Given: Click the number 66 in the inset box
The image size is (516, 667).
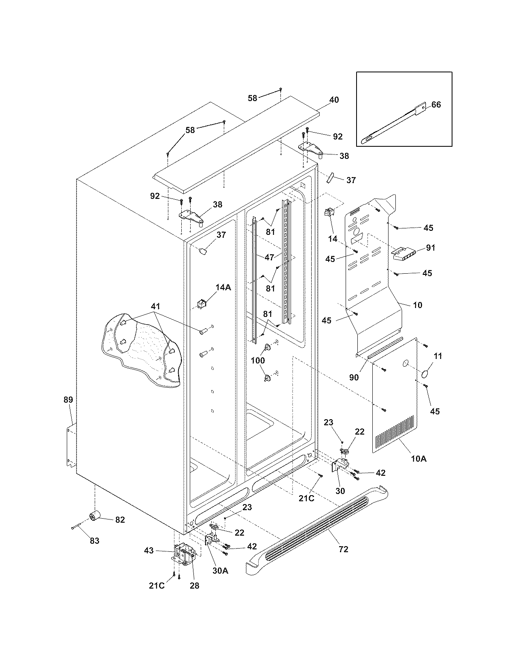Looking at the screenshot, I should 436,105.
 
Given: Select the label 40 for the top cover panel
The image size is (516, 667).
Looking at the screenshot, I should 334,100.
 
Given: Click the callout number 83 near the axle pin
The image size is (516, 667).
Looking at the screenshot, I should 94,541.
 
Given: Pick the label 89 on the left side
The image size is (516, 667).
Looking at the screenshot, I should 68,400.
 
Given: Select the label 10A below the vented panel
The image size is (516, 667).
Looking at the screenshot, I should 418,459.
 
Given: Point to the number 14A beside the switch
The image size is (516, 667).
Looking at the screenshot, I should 223,287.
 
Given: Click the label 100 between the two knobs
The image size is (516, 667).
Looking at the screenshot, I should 258,360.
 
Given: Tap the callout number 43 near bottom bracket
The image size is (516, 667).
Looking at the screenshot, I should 149,551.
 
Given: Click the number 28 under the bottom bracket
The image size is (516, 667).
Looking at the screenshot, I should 194,585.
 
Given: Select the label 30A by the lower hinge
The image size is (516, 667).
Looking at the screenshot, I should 220,570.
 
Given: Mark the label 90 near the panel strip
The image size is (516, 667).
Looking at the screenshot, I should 354,377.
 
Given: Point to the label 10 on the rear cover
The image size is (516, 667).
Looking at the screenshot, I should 417,305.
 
